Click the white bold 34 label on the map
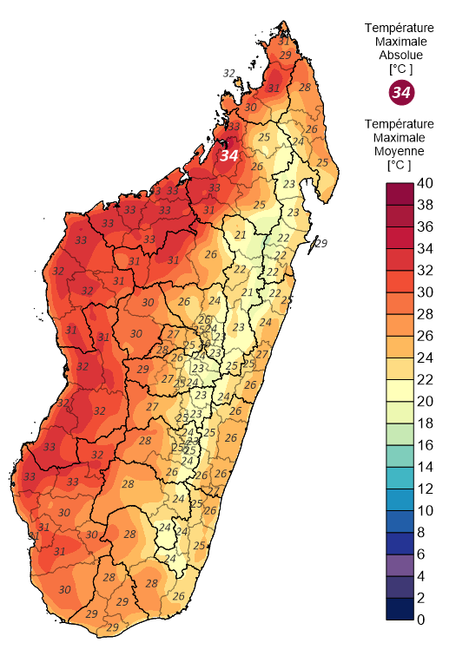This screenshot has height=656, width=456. [228, 155]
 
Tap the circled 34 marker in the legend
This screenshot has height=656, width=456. [400, 92]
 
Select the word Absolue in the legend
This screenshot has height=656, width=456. [400, 55]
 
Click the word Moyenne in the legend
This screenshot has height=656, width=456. [400, 150]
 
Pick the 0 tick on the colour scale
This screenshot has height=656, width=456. [421, 620]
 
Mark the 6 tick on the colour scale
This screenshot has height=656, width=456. [421, 554]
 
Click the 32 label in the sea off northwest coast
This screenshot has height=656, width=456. [229, 73]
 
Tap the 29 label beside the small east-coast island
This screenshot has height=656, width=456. [321, 243]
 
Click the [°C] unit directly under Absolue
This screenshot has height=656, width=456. [400, 69]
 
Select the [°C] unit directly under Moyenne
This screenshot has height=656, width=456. [400, 164]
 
